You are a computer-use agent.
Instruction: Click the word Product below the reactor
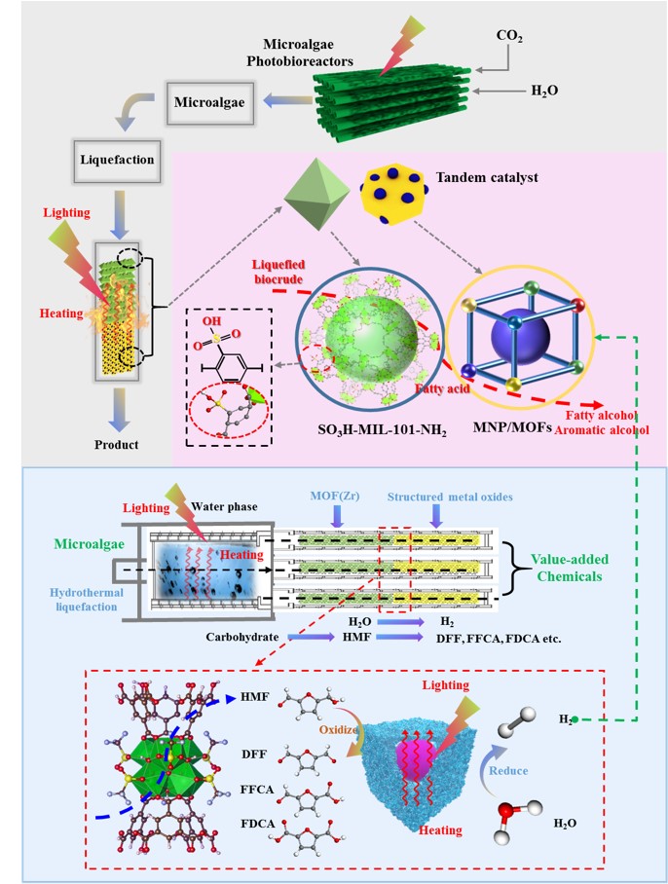[117, 445]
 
